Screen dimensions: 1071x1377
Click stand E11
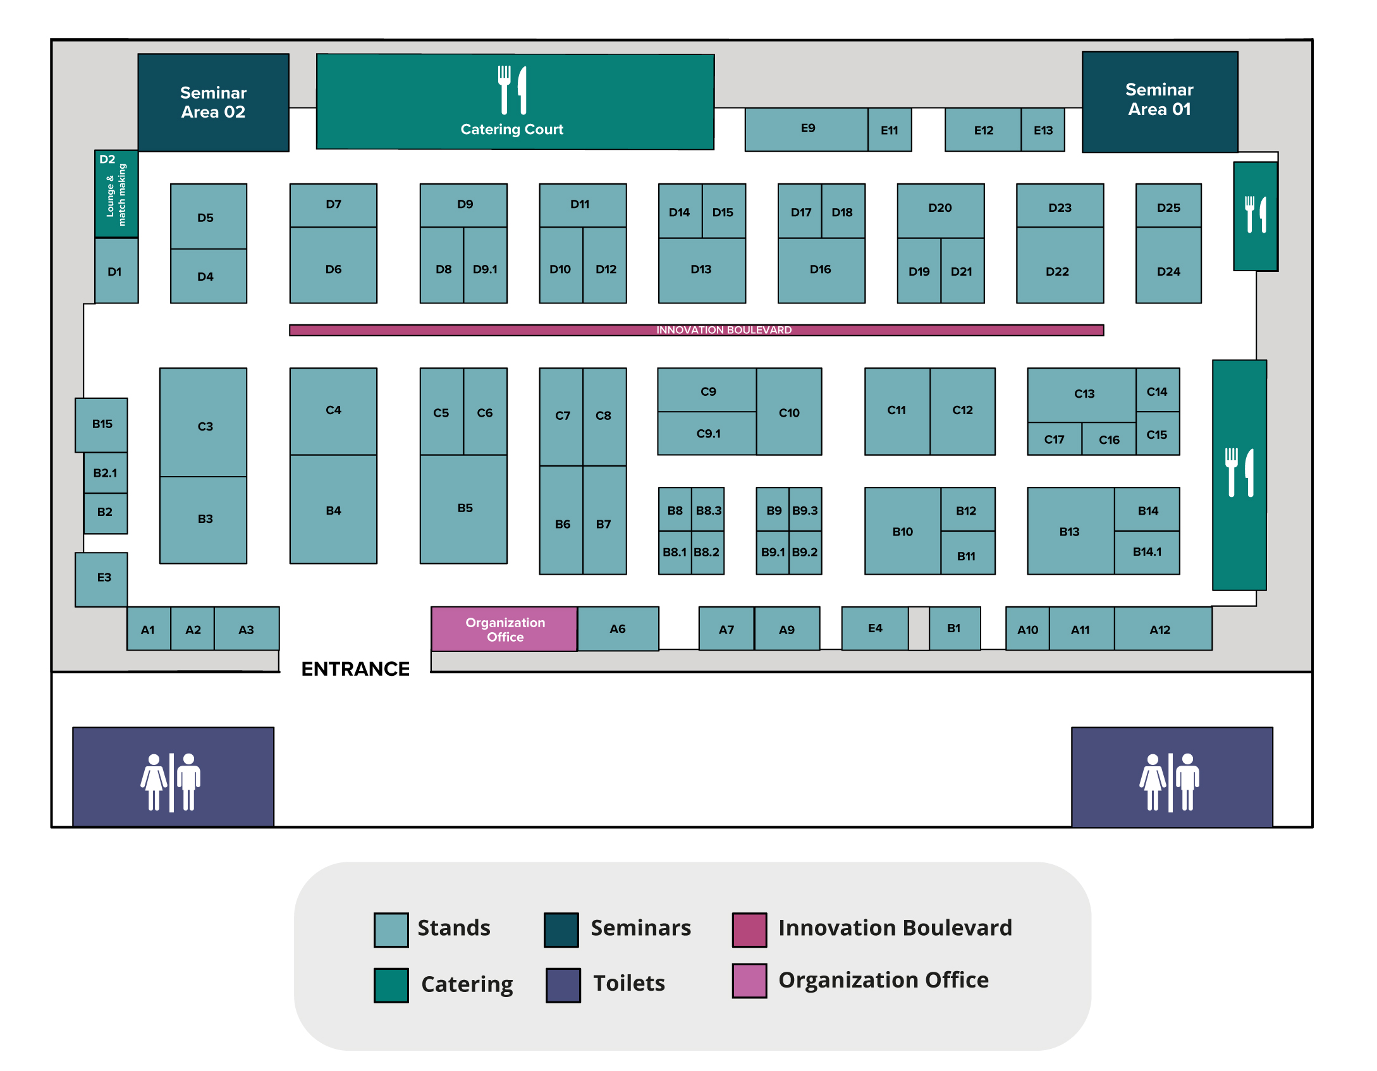[889, 130]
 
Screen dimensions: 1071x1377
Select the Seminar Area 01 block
[1159, 101]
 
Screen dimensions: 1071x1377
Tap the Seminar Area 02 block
[213, 102]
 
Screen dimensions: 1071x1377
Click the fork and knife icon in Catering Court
[512, 90]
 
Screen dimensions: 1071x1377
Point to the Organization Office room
[504, 629]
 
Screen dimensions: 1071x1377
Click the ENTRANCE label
[355, 669]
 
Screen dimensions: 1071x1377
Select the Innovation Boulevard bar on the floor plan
[695, 330]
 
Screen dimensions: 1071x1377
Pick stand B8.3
[708, 510]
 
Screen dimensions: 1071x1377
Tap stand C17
[1054, 439]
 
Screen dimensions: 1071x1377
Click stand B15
[102, 424]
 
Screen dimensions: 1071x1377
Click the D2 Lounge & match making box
[116, 193]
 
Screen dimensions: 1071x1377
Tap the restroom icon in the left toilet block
[171, 781]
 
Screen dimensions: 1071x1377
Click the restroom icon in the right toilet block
[1170, 781]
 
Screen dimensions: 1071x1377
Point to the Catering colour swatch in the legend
[391, 984]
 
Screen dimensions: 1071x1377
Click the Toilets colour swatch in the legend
[563, 984]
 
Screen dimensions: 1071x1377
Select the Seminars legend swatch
[561, 929]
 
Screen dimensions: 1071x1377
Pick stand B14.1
[1146, 552]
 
